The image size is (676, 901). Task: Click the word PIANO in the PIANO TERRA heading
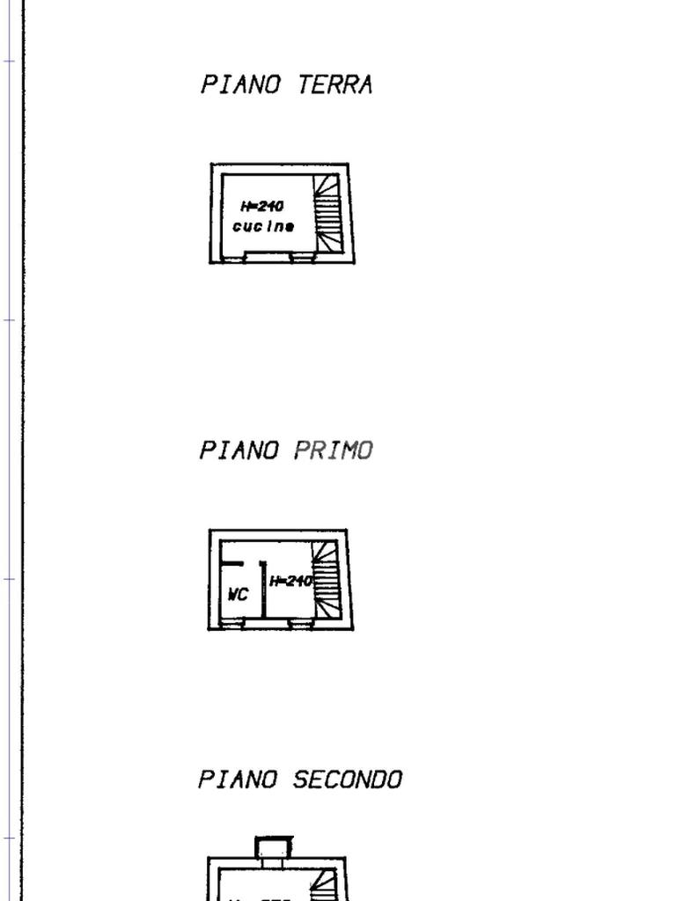tap(240, 84)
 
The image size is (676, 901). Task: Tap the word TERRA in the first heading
tap(335, 84)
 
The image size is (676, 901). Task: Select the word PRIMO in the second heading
tap(334, 450)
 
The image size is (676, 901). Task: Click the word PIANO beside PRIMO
tap(239, 450)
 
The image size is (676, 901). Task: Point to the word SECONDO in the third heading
tap(348, 780)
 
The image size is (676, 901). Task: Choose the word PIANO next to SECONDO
tap(239, 780)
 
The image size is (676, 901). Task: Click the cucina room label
tap(263, 227)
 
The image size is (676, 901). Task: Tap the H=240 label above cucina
tap(262, 207)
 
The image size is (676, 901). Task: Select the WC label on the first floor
tap(238, 595)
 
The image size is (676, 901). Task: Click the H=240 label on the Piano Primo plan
tap(290, 581)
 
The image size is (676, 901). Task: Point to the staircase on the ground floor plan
tap(327, 213)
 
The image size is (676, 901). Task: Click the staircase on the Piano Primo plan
tap(326, 579)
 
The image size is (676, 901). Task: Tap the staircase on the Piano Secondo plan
tap(325, 884)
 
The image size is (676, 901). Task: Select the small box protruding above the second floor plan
tap(273, 848)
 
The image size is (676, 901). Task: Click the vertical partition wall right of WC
tap(262, 591)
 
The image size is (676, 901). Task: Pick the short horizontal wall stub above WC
tap(231, 563)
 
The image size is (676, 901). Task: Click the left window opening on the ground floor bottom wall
tap(234, 258)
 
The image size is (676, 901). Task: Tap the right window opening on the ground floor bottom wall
tap(302, 258)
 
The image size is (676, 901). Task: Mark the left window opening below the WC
tap(232, 624)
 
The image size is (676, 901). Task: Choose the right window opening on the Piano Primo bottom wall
tap(300, 624)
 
